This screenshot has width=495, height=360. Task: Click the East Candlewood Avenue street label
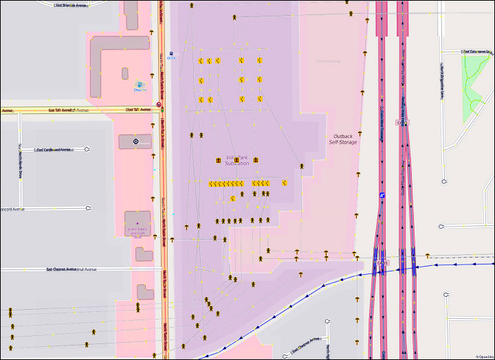pyautogui.click(x=54, y=149)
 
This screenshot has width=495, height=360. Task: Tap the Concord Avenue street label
pyautogui.click(x=12, y=208)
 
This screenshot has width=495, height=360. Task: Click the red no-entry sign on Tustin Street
pyautogui.click(x=159, y=105)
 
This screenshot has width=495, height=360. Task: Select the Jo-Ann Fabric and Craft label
pyautogui.click(x=137, y=231)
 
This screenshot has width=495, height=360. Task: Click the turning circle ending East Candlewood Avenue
pyautogui.click(x=89, y=149)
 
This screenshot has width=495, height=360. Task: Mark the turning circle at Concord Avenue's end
pyautogui.click(x=89, y=208)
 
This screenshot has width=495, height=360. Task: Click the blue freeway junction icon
pyautogui.click(x=382, y=195)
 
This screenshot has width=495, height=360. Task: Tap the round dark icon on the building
pyautogui.click(x=135, y=142)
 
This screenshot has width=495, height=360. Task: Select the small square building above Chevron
pyautogui.click(x=125, y=73)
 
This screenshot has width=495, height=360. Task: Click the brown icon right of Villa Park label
pyautogui.click(x=255, y=160)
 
